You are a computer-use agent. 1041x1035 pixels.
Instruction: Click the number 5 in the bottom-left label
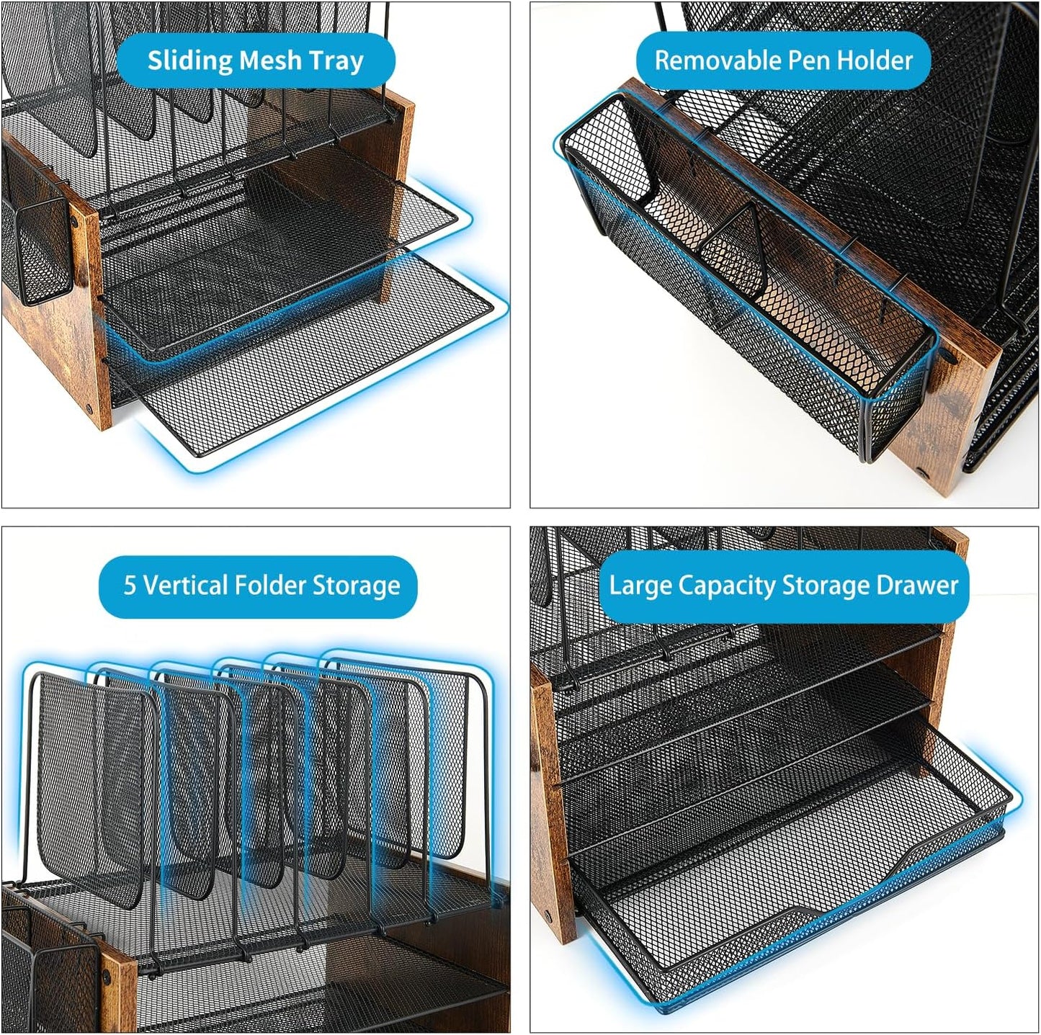click(x=130, y=586)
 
